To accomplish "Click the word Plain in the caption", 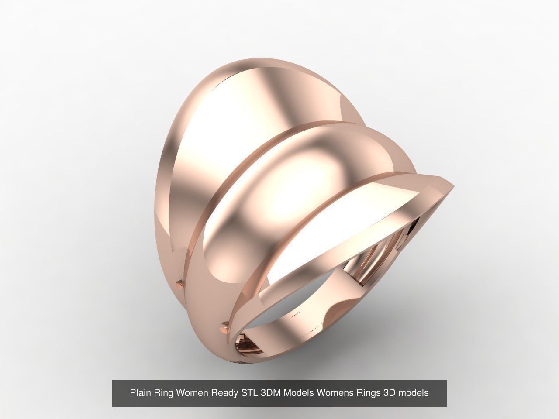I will tap(139, 393).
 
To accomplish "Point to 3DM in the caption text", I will tap(271, 393).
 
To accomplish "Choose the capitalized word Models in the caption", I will tap(299, 393).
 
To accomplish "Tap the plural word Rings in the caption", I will tap(369, 393).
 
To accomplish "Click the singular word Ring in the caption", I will tap(163, 393).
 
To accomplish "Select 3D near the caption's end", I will tap(389, 393).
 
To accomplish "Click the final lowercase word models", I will tap(413, 393).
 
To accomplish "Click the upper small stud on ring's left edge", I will tap(179, 283).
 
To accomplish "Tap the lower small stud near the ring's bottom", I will tap(224, 325).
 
